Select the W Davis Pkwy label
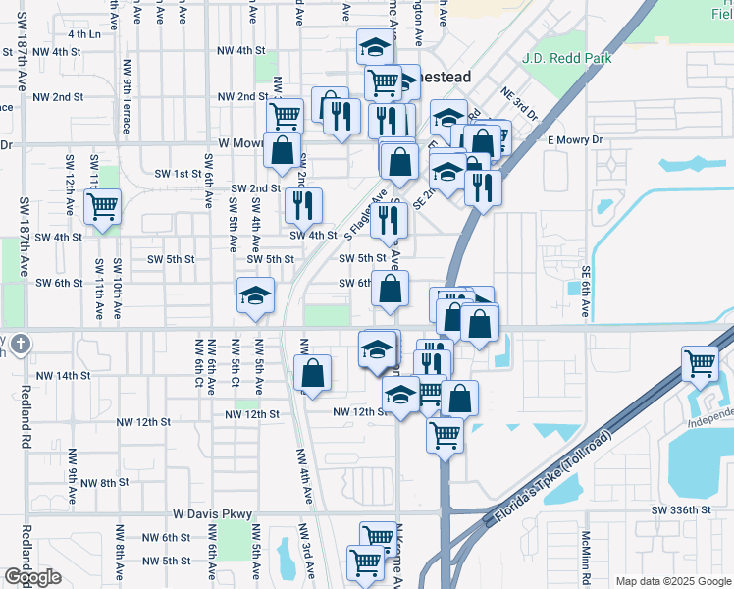213,513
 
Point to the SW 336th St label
680,510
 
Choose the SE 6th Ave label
586,292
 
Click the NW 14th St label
63,376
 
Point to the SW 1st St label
178,174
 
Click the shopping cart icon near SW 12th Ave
102,207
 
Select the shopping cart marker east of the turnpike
701,365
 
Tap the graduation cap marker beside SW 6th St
255,295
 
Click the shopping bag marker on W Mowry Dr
283,151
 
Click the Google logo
32,577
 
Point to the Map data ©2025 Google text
672,581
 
